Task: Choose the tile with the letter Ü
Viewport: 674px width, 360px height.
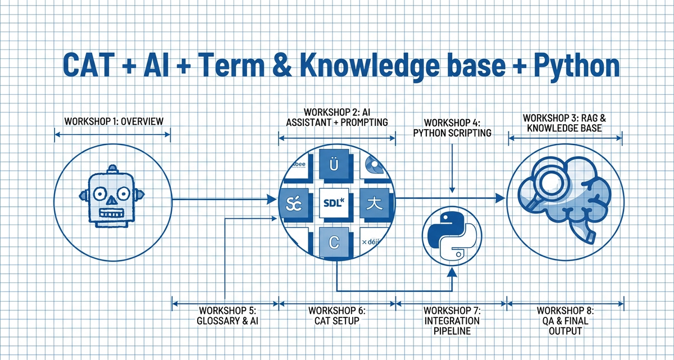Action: point(335,166)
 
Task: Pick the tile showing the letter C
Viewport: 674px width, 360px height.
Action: point(335,243)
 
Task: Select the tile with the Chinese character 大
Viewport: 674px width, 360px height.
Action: point(372,201)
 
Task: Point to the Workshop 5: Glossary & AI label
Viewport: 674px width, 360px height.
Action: point(227,316)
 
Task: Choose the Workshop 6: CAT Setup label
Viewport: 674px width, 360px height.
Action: point(337,316)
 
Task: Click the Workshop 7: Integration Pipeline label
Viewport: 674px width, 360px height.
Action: point(452,320)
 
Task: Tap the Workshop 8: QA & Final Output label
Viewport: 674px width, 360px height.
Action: point(566,320)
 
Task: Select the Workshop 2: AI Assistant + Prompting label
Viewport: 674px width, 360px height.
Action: point(337,117)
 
